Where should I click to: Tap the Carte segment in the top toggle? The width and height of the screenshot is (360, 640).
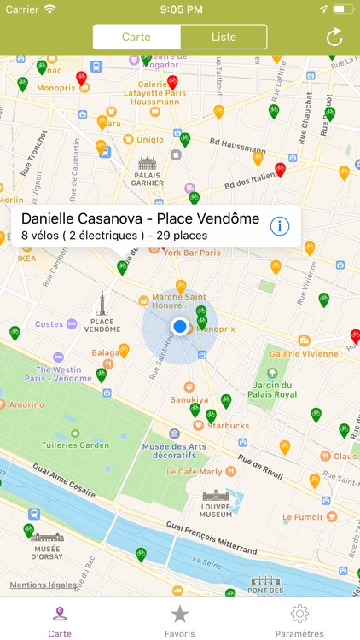(136, 38)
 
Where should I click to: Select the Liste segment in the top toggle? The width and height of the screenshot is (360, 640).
(224, 38)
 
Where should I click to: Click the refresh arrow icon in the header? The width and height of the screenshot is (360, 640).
(334, 38)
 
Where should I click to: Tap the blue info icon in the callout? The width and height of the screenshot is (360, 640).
(280, 226)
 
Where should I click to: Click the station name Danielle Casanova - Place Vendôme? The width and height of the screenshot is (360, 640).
(140, 218)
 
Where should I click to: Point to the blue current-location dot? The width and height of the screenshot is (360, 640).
(180, 326)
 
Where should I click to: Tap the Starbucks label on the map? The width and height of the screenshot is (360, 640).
(228, 425)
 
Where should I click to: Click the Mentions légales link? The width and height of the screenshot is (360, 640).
(43, 585)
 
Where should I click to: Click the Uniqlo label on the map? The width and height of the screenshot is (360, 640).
(149, 139)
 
